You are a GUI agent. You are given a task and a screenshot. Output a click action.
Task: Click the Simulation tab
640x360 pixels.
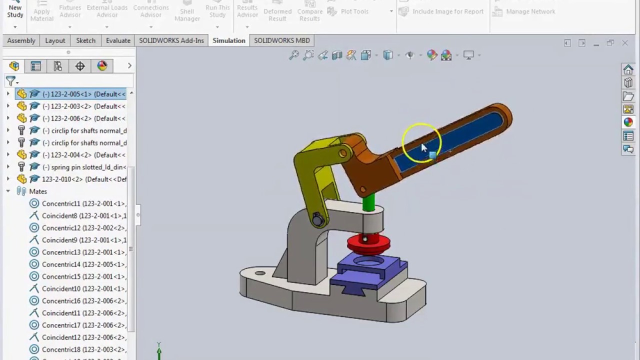228,40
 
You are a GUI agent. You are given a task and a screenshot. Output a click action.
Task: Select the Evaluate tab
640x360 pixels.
118,40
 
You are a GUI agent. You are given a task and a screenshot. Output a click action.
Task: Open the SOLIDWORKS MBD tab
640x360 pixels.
281,40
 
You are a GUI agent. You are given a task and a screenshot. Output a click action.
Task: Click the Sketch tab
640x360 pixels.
85,40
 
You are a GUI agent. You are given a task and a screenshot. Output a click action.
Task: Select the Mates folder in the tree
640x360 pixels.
37,191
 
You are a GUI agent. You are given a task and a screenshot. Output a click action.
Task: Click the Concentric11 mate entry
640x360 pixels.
83,203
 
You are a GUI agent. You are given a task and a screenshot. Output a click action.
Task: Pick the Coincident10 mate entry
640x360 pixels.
83,288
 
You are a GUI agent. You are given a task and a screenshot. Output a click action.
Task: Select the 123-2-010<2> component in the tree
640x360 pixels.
83,179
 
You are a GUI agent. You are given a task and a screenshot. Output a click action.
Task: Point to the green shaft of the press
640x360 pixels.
369,202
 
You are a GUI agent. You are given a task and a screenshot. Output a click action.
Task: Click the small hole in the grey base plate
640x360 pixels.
260,273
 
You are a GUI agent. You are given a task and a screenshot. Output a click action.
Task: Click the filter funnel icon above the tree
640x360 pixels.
10,80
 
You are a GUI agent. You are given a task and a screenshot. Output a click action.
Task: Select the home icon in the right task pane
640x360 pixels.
628,69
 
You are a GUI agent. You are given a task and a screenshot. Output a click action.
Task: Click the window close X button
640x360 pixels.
625,43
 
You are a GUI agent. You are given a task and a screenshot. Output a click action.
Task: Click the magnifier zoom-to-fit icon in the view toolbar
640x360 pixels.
294,55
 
